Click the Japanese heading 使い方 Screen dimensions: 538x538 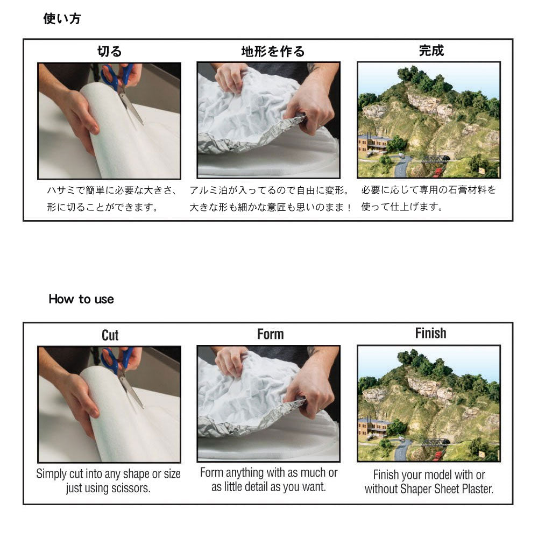tap(62, 18)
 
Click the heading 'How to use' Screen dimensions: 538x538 tap(81, 299)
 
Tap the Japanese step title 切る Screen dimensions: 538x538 tap(109, 52)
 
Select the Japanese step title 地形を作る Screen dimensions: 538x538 tap(273, 52)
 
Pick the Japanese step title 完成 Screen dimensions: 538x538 tap(431, 51)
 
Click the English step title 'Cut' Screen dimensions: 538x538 tap(110, 335)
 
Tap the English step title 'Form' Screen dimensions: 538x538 tap(271, 334)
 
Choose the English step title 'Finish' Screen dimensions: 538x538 tap(430, 333)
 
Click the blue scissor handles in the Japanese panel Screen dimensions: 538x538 tap(116, 77)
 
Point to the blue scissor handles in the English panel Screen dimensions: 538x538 tap(116, 360)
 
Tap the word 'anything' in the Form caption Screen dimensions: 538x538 tap(245, 473)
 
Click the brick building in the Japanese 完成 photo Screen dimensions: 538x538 tap(372, 144)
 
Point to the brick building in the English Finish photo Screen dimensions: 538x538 tap(372, 428)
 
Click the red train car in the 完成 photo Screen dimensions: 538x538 tap(437, 172)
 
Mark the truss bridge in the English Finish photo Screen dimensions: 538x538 tap(435, 443)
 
